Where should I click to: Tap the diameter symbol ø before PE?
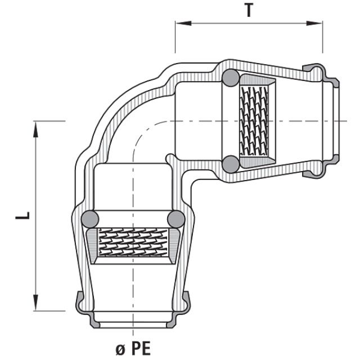[x=120, y=348]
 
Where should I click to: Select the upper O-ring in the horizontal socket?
[x=230, y=78]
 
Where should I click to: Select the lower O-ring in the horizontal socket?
[x=230, y=164]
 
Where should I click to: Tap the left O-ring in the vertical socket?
[x=90, y=219]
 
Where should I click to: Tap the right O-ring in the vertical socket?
[x=176, y=219]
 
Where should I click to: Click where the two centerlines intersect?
[x=133, y=121]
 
